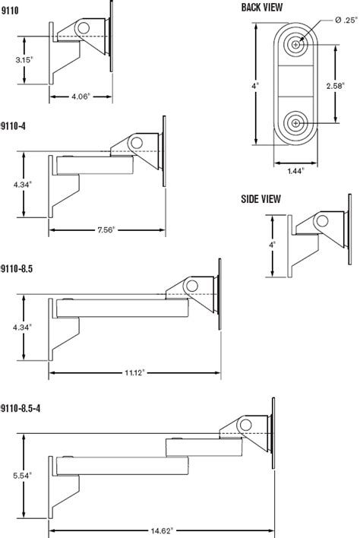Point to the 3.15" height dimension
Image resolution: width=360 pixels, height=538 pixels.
(x=26, y=59)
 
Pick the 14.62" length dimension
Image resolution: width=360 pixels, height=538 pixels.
(x=161, y=530)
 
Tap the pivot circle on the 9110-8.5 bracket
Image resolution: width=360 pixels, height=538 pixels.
(x=191, y=286)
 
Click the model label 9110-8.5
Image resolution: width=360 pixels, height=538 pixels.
(x=16, y=267)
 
